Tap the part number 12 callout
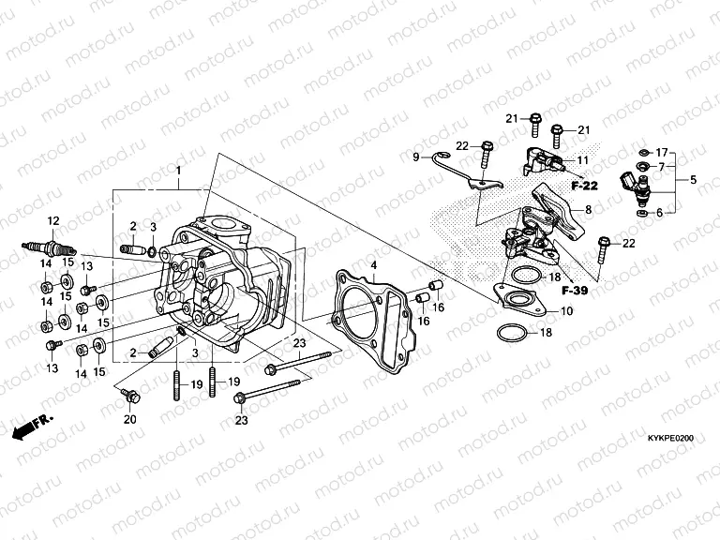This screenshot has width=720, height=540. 53,220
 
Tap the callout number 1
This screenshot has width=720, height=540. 178,172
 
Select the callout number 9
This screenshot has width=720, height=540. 415,157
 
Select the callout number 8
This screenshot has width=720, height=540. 588,210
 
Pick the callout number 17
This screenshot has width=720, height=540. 662,152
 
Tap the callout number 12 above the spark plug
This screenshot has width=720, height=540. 53,220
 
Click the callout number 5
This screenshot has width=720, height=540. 694,179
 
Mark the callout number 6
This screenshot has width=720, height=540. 659,213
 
